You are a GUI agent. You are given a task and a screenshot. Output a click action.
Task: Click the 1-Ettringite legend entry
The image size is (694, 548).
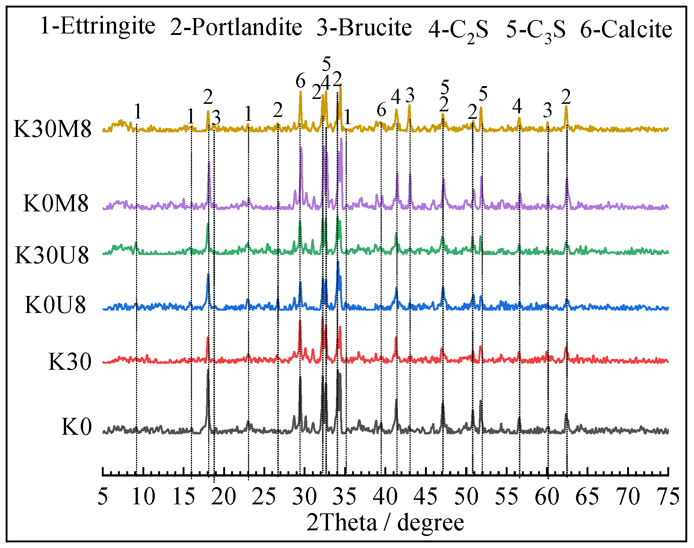[x=98, y=27]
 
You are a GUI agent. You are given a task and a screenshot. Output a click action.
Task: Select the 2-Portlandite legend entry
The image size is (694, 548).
[x=236, y=27]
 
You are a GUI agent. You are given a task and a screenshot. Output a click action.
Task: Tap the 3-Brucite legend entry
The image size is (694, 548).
[x=364, y=27]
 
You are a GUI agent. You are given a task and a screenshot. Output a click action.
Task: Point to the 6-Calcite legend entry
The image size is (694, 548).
[x=626, y=29]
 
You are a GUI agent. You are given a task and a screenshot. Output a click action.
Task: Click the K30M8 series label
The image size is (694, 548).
[x=53, y=129]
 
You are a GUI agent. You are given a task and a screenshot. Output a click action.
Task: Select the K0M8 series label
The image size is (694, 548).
[x=56, y=203]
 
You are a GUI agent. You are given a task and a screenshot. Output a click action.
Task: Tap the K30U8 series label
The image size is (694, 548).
[x=52, y=255]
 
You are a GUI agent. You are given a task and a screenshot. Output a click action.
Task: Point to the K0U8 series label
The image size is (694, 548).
[x=56, y=304]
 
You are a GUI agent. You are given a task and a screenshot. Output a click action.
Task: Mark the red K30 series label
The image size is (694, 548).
[x=70, y=361]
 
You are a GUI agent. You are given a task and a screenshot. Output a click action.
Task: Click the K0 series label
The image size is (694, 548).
[x=77, y=427]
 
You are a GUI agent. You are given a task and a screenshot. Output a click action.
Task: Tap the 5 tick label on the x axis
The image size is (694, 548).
[x=103, y=496]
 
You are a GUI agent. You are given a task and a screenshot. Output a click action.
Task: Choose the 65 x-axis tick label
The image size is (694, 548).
[x=587, y=496]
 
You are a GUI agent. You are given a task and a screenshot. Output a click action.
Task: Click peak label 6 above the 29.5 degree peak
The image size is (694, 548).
[x=301, y=81]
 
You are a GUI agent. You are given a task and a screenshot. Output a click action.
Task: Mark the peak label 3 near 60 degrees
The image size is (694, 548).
[x=547, y=110]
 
